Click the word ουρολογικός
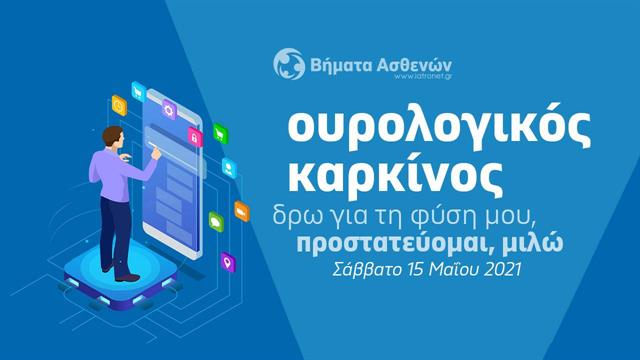[405, 129]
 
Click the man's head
[111, 104]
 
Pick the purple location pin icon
[228, 262]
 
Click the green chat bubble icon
[217, 222]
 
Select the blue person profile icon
[230, 167]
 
